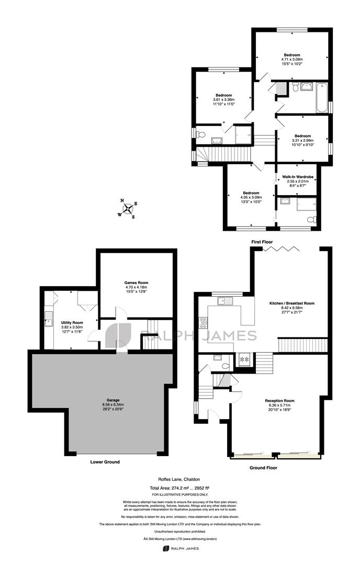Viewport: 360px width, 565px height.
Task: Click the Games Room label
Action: (137, 283)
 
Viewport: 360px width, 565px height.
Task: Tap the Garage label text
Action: (113, 400)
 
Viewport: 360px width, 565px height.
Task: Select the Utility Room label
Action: (72, 322)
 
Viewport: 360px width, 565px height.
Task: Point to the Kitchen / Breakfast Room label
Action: (292, 303)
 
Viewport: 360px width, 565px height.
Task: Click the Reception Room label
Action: (279, 401)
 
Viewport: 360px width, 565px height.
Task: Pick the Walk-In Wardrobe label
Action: (298, 177)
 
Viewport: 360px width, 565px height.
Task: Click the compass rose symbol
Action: (128, 209)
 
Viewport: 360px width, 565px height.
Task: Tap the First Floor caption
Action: (262, 242)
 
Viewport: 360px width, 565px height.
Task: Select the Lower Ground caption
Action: (105, 462)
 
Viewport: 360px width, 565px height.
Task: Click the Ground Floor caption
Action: (263, 468)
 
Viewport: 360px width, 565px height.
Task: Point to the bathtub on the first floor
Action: (321, 97)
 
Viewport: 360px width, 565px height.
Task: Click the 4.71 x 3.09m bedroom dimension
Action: (292, 60)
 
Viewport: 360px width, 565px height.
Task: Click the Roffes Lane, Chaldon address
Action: (179, 479)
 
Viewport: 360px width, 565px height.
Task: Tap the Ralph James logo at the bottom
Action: (181, 548)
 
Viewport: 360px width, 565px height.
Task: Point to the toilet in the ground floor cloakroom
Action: (226, 366)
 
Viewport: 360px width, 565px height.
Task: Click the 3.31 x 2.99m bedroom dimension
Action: (302, 141)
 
